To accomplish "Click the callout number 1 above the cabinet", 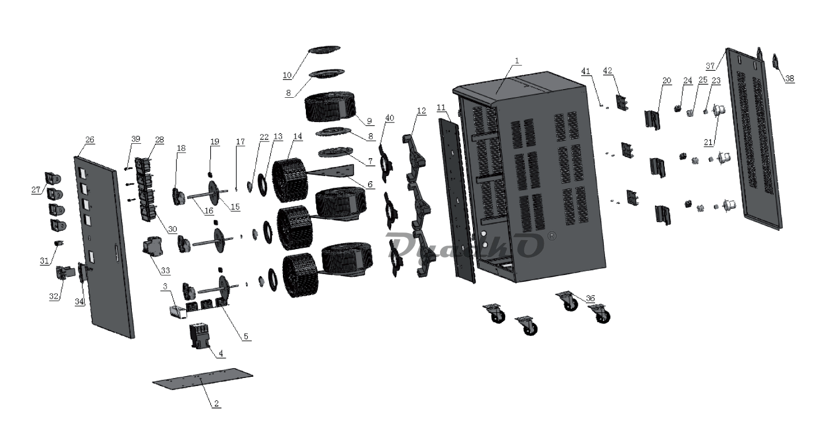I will point(517,60).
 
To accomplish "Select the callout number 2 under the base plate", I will point(216,404).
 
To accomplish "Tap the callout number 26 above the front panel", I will point(90,140).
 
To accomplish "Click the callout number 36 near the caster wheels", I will point(590,298).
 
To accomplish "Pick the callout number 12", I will point(422,110).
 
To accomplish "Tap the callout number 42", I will point(607,71).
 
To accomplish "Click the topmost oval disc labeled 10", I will point(325,51).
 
